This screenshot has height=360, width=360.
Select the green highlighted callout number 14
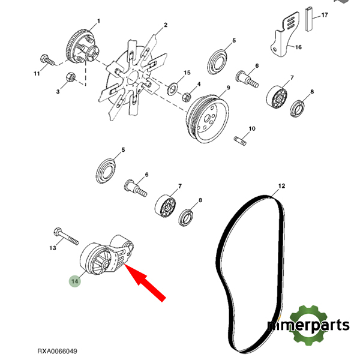(x=75, y=280)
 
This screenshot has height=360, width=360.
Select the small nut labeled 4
(x=187, y=95)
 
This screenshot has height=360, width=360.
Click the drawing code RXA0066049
(x=57, y=351)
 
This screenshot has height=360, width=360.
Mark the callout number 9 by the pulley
(x=228, y=88)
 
